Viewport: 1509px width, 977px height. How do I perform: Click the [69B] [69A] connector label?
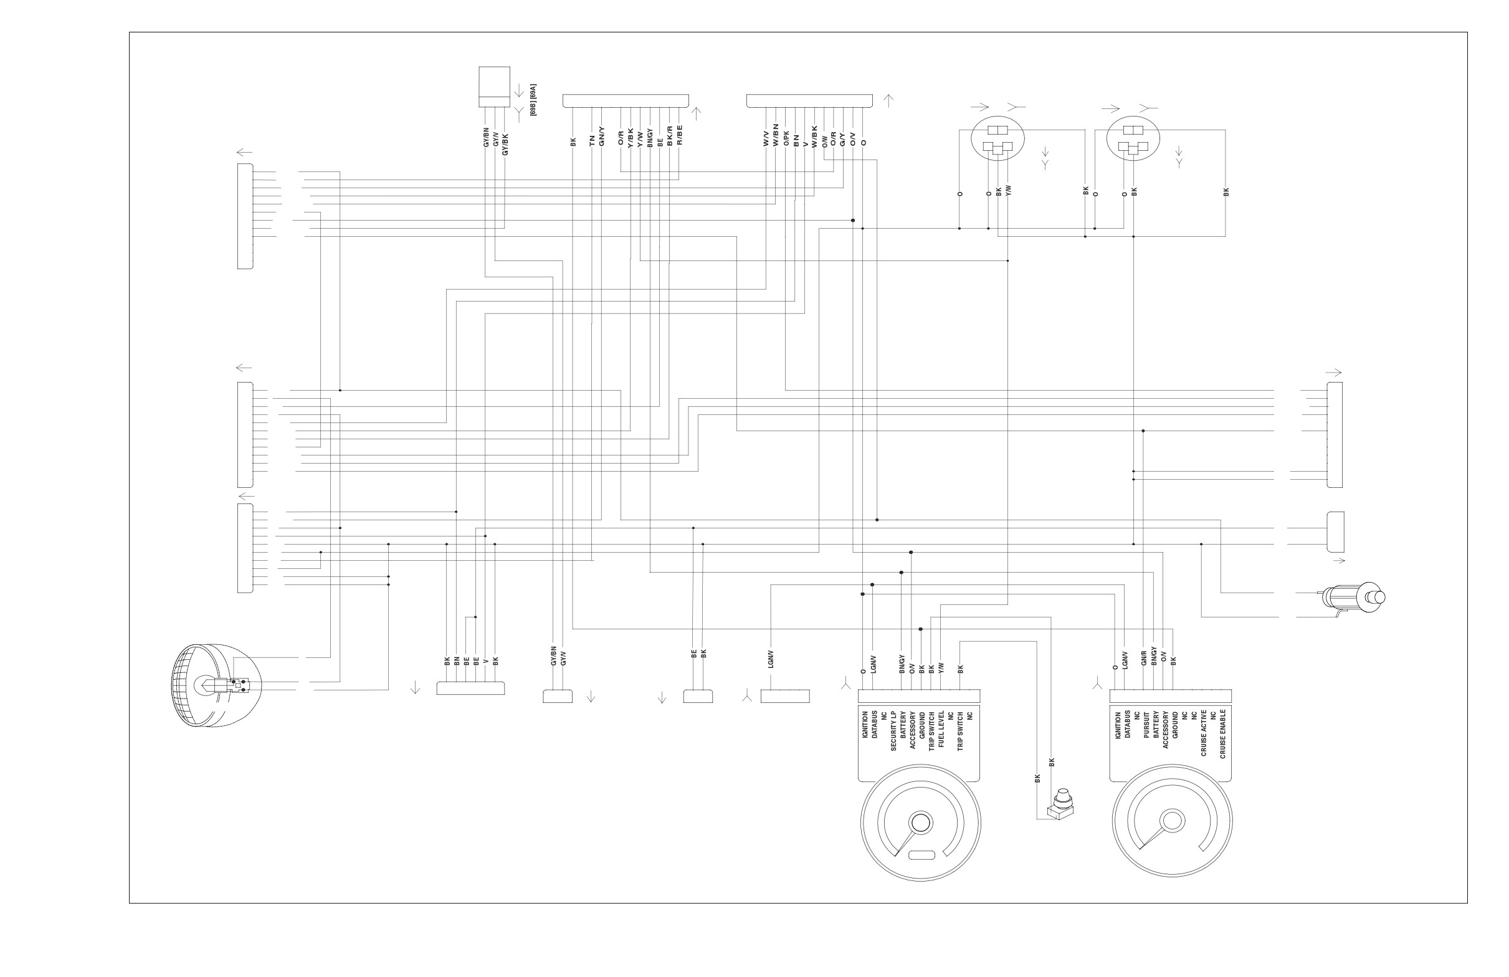(x=534, y=100)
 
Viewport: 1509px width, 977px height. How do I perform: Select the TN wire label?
(x=592, y=141)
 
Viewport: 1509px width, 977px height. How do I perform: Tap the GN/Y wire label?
(x=602, y=138)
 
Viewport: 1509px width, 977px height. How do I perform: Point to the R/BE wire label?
(x=680, y=135)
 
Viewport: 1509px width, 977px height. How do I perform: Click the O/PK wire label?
(x=786, y=139)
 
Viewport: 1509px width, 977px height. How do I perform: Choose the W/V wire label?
(x=766, y=140)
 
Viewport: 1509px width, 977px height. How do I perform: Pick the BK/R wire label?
(x=670, y=136)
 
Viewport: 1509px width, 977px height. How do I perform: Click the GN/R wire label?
(x=1145, y=660)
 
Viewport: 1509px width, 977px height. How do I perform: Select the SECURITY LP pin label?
(x=893, y=731)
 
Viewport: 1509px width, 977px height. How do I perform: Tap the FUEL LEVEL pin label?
(x=941, y=729)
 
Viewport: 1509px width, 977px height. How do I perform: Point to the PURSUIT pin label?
(x=1146, y=725)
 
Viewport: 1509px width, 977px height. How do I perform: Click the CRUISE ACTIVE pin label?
(x=1203, y=733)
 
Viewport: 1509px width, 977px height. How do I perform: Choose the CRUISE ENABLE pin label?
(x=1222, y=734)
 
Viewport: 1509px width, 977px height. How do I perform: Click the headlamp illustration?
(x=216, y=685)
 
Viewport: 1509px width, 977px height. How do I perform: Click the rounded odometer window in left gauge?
(x=921, y=855)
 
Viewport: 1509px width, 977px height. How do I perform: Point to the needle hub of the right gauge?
(x=1173, y=821)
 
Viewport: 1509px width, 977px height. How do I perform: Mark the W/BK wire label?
(x=815, y=136)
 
